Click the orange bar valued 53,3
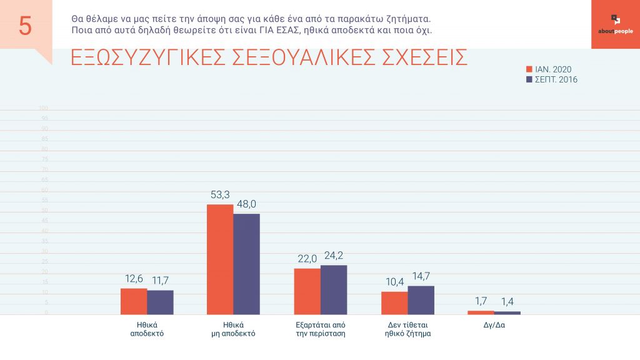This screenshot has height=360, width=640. click(x=220, y=259)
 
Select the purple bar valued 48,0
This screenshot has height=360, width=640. click(x=246, y=264)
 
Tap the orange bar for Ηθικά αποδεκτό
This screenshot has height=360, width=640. click(x=134, y=301)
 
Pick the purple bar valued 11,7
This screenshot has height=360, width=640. click(x=160, y=302)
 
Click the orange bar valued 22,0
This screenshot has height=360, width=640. click(x=307, y=291)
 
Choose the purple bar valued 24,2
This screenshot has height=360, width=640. click(x=334, y=289)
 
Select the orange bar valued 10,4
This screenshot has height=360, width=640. click(x=394, y=303)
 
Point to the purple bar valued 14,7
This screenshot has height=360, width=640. click(x=421, y=300)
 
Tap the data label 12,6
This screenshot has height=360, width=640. click(x=133, y=278)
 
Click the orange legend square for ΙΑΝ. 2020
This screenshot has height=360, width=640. click(x=529, y=69)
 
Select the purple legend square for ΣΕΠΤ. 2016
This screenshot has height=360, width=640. click(x=529, y=79)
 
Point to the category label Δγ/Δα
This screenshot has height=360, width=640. click(x=493, y=325)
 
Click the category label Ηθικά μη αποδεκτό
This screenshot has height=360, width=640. click(x=233, y=329)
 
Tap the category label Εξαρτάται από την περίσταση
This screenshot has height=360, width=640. click(x=321, y=329)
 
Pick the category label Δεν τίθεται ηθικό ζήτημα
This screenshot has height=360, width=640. click(x=407, y=329)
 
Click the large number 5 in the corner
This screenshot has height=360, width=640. click(x=25, y=26)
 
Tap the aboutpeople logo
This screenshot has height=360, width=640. click(x=615, y=24)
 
